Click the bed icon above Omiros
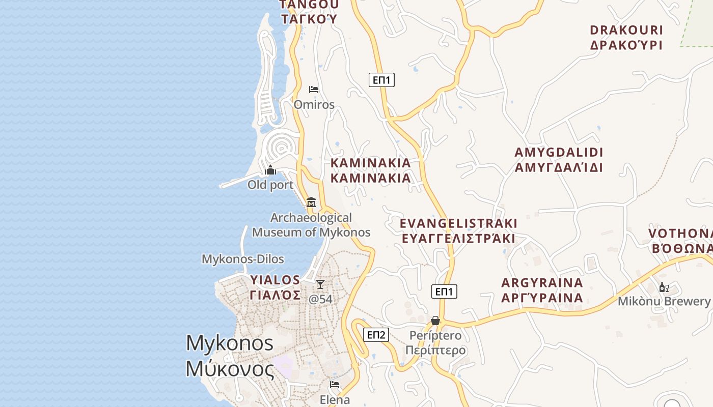pyautogui.click(x=314, y=90)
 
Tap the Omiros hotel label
pyautogui.click(x=314, y=105)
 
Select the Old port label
pyautogui.click(x=270, y=185)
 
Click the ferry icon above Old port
pyautogui.click(x=270, y=170)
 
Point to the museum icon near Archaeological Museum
pyautogui.click(x=311, y=202)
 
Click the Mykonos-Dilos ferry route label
pyautogui.click(x=243, y=259)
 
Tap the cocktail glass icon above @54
pyautogui.click(x=320, y=284)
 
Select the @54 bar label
pyautogui.click(x=320, y=299)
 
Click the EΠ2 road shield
pyautogui.click(x=376, y=335)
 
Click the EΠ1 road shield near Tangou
pyautogui.click(x=381, y=80)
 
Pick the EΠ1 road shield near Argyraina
pyautogui.click(x=444, y=292)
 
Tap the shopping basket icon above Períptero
pyautogui.click(x=435, y=321)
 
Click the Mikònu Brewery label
pyautogui.click(x=664, y=301)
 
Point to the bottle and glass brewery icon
pyautogui.click(x=664, y=287)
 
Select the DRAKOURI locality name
pyautogui.click(x=626, y=30)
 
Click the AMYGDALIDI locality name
pyautogui.click(x=559, y=152)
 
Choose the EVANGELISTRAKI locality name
pyautogui.click(x=458, y=223)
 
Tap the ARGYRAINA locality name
pyautogui.click(x=542, y=283)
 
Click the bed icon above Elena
pyautogui.click(x=335, y=385)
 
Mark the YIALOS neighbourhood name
pyautogui.click(x=275, y=280)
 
